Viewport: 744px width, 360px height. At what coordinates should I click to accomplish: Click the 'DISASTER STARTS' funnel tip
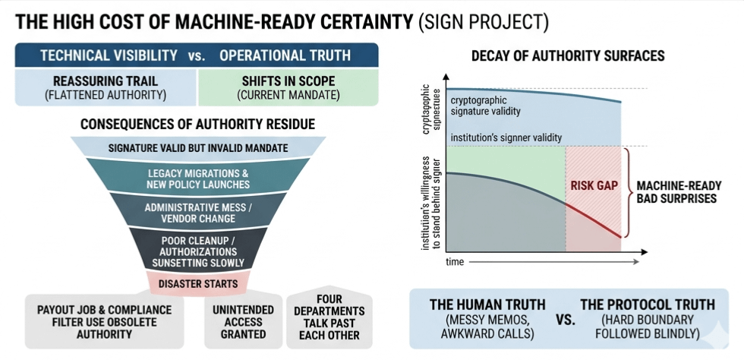[197, 284]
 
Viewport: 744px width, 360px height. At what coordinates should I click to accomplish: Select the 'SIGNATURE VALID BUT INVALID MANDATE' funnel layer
[197, 147]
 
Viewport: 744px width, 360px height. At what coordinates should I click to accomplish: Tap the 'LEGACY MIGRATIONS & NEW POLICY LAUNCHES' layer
[197, 178]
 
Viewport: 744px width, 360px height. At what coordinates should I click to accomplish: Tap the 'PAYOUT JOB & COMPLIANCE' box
[104, 322]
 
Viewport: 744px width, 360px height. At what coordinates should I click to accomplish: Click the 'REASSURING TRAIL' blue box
[105, 87]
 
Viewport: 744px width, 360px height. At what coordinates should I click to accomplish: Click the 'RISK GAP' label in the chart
[594, 185]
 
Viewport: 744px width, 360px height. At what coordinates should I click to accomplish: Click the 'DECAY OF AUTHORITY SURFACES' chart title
[568, 56]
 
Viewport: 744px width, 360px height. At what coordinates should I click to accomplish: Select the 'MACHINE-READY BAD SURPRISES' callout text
[678, 193]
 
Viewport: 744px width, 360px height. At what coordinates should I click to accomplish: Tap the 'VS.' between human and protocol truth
[565, 320]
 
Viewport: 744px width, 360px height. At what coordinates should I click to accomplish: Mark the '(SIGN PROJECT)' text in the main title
[482, 21]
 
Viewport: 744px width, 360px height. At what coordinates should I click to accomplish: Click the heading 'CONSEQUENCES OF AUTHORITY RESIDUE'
[197, 124]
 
